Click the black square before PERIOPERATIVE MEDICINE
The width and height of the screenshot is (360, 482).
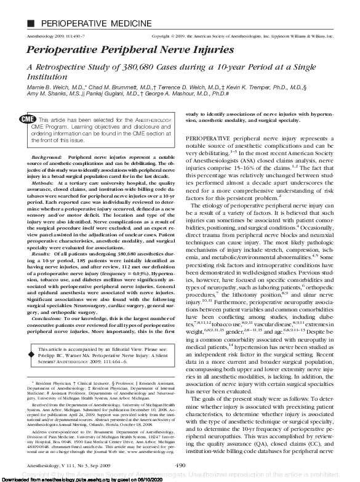[x=14, y=7]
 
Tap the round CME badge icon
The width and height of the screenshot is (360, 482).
[x=27, y=119]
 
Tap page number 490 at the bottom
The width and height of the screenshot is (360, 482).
[x=180, y=465]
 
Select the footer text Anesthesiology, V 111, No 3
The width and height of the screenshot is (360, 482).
[x=55, y=465]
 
